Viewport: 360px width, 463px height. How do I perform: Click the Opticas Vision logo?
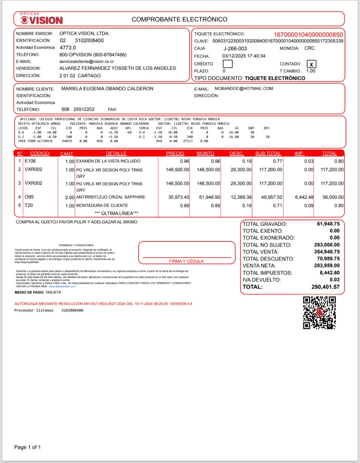pyautogui.click(x=41, y=19)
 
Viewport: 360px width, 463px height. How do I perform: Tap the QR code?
pyautogui.click(x=319, y=313)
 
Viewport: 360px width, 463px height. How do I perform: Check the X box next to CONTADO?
pyautogui.click(x=311, y=64)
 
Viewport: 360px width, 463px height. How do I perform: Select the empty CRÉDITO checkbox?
pyautogui.click(x=228, y=64)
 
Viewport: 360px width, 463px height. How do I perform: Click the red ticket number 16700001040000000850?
pyautogui.click(x=308, y=35)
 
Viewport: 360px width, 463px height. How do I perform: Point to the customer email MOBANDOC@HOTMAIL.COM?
pyautogui.click(x=244, y=89)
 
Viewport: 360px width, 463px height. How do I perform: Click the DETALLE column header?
pyautogui.click(x=116, y=153)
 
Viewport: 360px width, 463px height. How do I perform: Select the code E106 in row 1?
pyautogui.click(x=30, y=161)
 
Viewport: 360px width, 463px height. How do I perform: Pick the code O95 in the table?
pyautogui.click(x=29, y=197)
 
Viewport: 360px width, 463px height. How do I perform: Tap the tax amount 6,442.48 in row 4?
pyautogui.click(x=304, y=197)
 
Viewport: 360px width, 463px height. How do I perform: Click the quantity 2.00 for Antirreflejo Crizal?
pyautogui.click(x=70, y=197)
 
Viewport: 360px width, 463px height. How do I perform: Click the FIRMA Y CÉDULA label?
pyautogui.click(x=186, y=261)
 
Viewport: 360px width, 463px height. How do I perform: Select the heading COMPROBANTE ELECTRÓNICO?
pyautogui.click(x=179, y=19)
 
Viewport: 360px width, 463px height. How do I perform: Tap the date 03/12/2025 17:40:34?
pyautogui.click(x=244, y=56)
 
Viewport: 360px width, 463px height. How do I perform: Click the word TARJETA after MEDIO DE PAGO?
pyautogui.click(x=53, y=292)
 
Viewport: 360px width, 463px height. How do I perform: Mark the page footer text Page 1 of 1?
pyautogui.click(x=27, y=447)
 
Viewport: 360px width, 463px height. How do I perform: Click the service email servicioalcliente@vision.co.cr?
pyautogui.click(x=87, y=62)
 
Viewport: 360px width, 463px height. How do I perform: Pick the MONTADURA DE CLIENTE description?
pyautogui.click(x=102, y=206)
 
